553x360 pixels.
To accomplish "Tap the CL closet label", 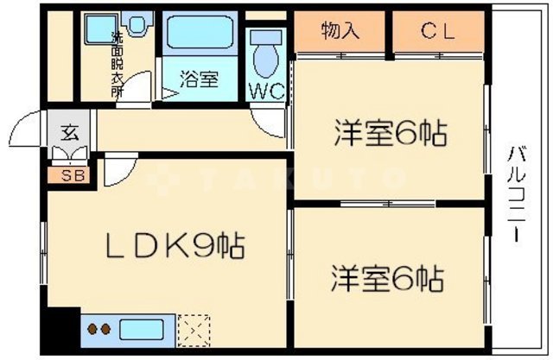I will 437,31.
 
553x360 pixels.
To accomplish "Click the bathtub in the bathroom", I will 201,34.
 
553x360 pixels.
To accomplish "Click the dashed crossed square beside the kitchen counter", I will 194,329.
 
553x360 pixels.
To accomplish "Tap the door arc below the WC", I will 264,122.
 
